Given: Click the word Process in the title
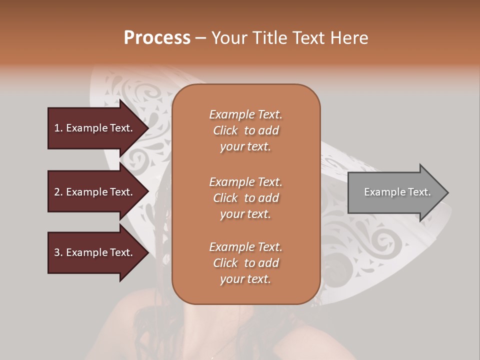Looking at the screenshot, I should coord(157,37).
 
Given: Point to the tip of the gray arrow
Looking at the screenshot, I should coord(447,192).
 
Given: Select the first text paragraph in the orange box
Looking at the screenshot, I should coord(245,130).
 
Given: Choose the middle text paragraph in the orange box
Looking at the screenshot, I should coord(245,198).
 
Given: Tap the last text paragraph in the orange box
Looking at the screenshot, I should coord(245,263).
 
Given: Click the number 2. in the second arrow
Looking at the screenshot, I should coord(58,192).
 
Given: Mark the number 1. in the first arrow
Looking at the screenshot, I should coord(58,128).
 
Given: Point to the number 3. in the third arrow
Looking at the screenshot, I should coord(58,252).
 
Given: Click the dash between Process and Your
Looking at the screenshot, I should coord(201,38).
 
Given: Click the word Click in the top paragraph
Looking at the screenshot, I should coord(225,130).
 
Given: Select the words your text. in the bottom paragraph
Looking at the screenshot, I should coord(245,279).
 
